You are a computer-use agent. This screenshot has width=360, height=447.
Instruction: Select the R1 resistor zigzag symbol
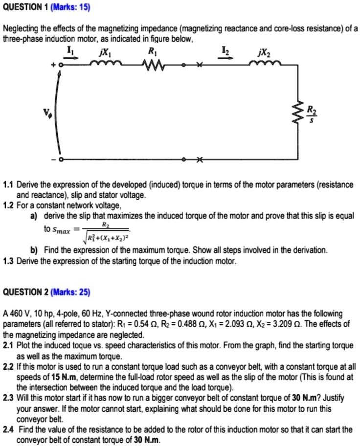[153, 65]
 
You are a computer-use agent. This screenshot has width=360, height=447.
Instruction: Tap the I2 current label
[224, 51]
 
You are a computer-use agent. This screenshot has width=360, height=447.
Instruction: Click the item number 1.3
[9, 261]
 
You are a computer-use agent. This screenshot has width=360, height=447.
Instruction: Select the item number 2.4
[9, 429]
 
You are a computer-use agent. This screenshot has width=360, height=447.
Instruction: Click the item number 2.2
[9, 365]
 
